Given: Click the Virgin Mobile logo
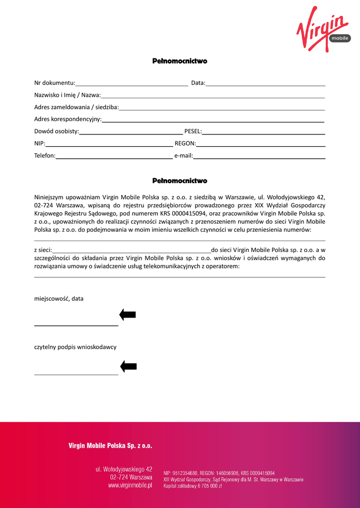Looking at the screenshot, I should click(x=323, y=30).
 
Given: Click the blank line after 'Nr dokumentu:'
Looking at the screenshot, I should click(x=132, y=85).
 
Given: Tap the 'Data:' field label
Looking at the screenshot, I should click(x=198, y=83).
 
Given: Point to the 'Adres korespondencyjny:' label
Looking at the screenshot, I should click(x=68, y=119).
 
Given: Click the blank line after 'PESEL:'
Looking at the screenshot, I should click(x=263, y=133).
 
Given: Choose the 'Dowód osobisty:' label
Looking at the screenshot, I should click(x=57, y=131).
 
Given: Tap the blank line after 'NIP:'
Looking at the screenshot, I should click(x=109, y=146).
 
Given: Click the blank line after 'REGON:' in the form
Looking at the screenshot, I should click(x=261, y=146).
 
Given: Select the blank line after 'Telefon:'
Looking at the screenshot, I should click(x=114, y=158).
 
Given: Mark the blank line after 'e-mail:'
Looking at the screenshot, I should click(x=259, y=158).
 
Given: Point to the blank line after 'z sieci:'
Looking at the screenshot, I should click(x=132, y=252).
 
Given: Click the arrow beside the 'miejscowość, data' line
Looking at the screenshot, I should click(x=128, y=315).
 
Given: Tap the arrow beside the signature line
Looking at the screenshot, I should click(x=129, y=367).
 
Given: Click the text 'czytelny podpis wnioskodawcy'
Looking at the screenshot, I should click(x=75, y=347).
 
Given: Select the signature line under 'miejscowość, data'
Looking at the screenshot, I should click(x=76, y=325).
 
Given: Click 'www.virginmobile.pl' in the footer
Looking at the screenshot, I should click(x=130, y=486).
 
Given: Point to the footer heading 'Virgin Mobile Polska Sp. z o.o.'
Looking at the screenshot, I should click(x=110, y=446).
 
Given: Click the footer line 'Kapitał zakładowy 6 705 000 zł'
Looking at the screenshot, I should click(x=193, y=486).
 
